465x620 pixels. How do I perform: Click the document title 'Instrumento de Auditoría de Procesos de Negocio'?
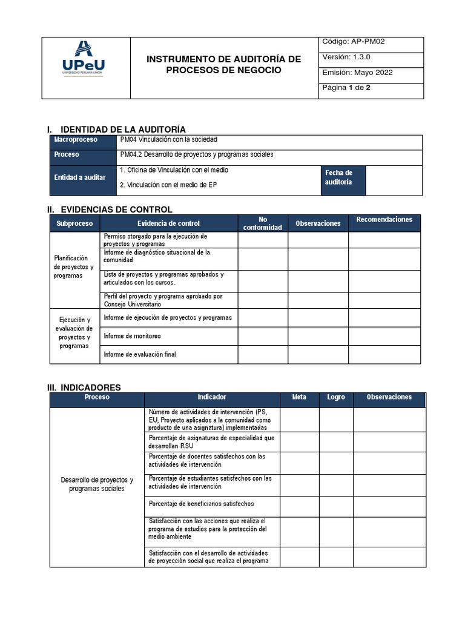coord(224,64)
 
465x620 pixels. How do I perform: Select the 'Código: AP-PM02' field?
coord(354,42)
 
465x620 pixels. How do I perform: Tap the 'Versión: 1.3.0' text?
coord(345,57)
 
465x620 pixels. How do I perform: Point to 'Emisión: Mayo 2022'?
coord(357,73)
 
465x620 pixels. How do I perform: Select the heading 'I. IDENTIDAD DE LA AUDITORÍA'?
coord(116,129)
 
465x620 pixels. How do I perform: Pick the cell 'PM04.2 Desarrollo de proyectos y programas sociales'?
coord(197,154)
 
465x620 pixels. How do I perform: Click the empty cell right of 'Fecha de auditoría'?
coord(394,180)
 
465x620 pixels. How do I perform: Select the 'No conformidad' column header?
coord(262,223)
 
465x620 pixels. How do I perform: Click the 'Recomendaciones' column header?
coord(384,220)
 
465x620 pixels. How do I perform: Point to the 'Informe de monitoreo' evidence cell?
coord(133,336)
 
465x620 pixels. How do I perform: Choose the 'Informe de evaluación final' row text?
coord(140,354)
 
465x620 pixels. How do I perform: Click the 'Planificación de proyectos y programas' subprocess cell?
coord(74,267)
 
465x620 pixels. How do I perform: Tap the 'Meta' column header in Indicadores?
coord(299,397)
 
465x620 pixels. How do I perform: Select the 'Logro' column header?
coord(336,397)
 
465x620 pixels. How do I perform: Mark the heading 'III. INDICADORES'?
coord(84,387)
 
